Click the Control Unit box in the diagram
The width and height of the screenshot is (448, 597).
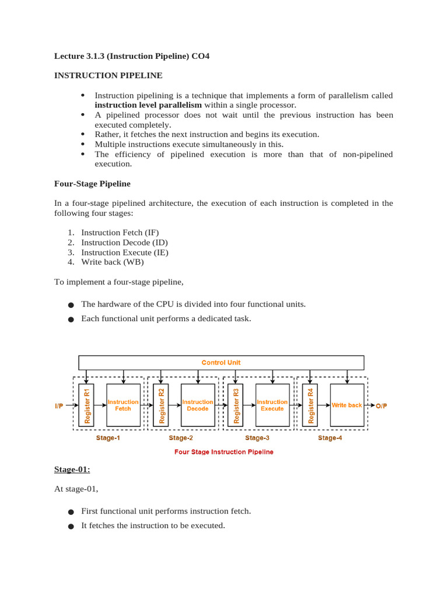point(221,362)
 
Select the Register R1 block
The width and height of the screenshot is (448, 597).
point(86,405)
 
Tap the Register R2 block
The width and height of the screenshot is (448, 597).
point(161,405)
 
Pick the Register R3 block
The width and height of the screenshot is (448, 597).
point(236,405)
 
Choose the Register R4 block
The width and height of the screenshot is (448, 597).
point(310,405)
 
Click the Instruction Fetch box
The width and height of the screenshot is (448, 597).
point(123,405)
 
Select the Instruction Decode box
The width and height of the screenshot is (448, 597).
point(198,405)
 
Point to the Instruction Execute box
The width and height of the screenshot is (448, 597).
point(272,405)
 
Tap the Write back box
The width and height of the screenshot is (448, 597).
point(347,405)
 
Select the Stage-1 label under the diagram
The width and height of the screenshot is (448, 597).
point(108,438)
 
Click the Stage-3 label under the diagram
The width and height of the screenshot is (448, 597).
point(257,438)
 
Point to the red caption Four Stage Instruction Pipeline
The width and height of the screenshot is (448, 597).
point(224,451)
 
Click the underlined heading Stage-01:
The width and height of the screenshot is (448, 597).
point(72,469)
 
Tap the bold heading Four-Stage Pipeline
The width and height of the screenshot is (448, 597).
point(92,184)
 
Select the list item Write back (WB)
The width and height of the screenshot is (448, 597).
point(112,262)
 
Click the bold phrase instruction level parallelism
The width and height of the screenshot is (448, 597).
point(148,105)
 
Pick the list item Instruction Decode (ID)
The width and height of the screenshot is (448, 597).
point(124,243)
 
